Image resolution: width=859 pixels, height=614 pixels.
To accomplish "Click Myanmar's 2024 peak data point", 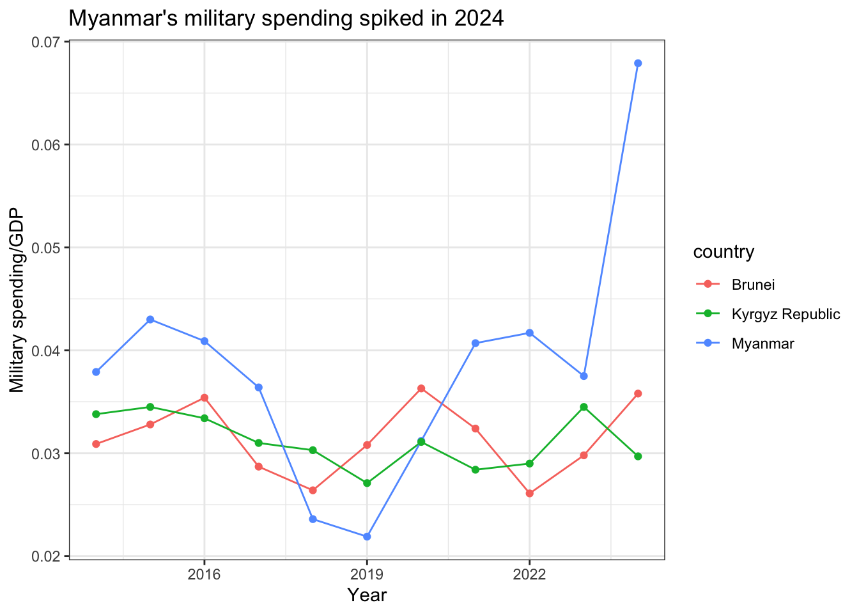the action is (x=638, y=63).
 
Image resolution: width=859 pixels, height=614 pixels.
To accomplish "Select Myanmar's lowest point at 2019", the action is (x=367, y=537).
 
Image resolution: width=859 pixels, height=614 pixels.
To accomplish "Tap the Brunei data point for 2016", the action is (x=205, y=398).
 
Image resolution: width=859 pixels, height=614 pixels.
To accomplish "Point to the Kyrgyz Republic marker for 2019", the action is (x=367, y=483).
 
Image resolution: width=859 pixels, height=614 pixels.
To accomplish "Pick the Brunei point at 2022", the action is (x=530, y=494).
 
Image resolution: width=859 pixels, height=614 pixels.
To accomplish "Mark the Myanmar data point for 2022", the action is (x=530, y=333).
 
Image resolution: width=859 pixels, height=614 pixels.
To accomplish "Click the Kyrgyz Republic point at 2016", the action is (x=205, y=418).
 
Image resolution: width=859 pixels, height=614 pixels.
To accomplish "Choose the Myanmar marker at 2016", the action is (x=205, y=341).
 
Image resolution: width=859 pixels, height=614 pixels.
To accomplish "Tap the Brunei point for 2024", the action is (x=638, y=394).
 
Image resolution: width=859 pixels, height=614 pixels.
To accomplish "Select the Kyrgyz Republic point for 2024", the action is (x=638, y=456).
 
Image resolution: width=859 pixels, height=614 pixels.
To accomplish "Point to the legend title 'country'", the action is (x=724, y=252).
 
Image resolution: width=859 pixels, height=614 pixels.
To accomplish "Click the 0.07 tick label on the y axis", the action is (x=47, y=42).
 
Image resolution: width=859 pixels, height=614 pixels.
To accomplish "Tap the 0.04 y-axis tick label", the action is (x=47, y=350).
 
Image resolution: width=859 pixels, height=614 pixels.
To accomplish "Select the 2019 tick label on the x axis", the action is (x=367, y=574).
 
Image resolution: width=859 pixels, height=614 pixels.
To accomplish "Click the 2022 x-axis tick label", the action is (x=530, y=574).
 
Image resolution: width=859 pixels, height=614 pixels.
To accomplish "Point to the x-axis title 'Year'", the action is (x=367, y=595).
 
